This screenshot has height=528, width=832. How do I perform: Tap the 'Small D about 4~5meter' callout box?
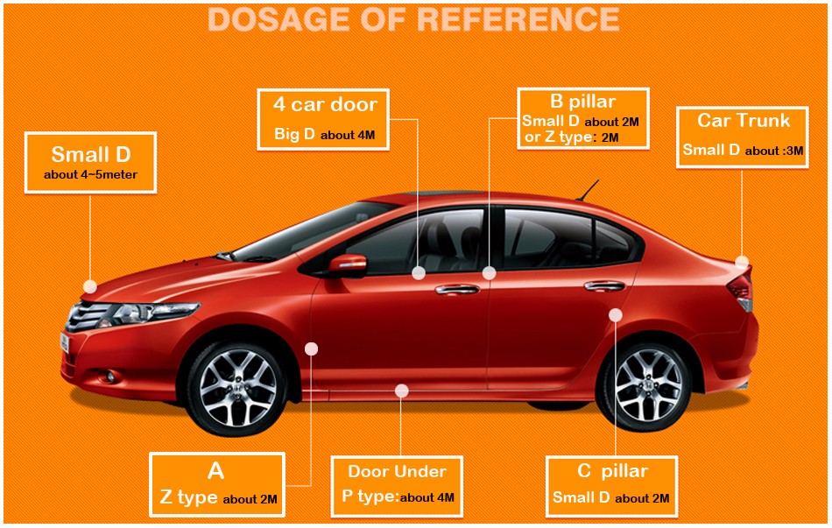point(90,162)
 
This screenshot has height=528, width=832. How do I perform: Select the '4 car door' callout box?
point(323,119)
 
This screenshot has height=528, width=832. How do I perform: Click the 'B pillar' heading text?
point(582,102)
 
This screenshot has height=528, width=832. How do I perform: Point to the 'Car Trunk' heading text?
point(744,121)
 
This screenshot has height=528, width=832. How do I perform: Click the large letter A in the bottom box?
point(216,471)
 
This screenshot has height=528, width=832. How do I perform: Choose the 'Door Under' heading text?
point(397,471)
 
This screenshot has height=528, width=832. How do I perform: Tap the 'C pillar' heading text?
point(612,471)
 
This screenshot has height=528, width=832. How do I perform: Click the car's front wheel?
point(237,388)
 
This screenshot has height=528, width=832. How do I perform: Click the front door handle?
point(457,289)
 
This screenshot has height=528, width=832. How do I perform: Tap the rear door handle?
point(604,286)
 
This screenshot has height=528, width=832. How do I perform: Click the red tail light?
point(741,290)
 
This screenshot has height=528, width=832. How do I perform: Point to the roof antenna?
point(588,191)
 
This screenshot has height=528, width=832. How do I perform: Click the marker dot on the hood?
point(90,286)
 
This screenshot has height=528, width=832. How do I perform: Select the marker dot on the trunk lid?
point(742,262)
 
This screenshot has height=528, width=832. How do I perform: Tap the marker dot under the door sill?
point(402,391)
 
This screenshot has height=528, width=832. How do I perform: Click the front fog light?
point(110,377)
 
